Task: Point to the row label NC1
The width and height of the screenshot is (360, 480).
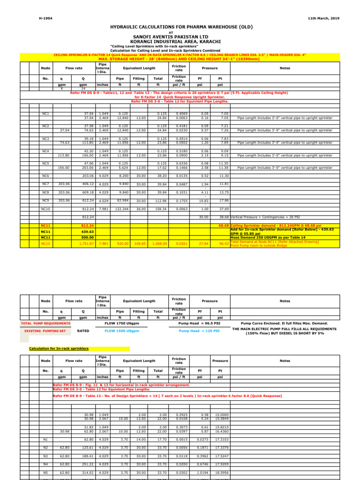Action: (x=45, y=113)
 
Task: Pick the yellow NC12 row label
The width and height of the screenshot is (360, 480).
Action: (x=45, y=244)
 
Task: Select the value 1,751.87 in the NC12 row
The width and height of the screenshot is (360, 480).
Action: (x=87, y=244)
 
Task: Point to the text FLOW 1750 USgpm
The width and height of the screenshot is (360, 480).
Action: (x=122, y=323)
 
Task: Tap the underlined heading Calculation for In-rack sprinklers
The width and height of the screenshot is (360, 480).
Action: (x=59, y=348)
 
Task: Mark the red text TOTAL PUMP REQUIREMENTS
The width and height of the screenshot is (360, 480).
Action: (x=46, y=323)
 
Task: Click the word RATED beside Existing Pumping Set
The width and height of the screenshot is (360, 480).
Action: (x=83, y=331)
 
